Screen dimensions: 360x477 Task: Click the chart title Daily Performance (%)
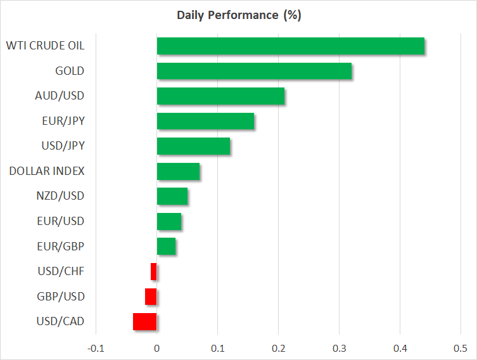[238, 15]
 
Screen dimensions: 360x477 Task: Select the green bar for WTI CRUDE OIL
[290, 46]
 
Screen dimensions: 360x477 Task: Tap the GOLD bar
[254, 71]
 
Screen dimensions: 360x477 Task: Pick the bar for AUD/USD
[220, 96]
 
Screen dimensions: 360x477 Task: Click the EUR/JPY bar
[205, 121]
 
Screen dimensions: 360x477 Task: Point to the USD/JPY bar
[193, 146]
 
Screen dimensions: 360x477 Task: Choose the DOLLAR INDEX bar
[178, 171]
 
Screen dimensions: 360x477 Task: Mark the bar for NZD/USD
[172, 196]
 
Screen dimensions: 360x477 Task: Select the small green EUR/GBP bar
[166, 247]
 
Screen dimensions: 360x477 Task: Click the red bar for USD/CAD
[144, 322]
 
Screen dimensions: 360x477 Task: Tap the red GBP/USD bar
[151, 297]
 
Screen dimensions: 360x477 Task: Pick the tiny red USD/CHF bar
[154, 272]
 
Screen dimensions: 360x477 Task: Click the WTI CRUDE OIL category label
[45, 46]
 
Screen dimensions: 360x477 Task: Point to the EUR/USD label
[61, 221]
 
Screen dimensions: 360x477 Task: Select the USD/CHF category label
[61, 272]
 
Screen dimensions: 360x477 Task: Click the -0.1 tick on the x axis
[96, 348]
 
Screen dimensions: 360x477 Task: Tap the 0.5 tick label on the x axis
[461, 348]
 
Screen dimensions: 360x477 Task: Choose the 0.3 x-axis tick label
[339, 348]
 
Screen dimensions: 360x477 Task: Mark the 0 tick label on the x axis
[156, 348]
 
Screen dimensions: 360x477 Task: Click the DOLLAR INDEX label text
[47, 171]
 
